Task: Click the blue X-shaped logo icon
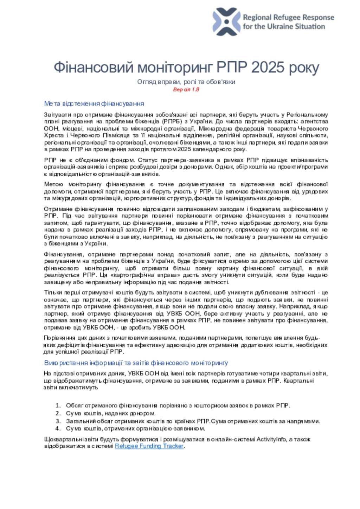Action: click(226, 21)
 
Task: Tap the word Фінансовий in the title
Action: click(94, 67)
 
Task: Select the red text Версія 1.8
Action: click(186, 89)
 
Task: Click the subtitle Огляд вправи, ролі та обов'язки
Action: click(186, 82)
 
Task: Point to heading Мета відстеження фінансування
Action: click(94, 103)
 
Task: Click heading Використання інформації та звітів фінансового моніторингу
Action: click(136, 363)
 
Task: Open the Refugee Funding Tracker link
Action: click(149, 446)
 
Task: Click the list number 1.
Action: click(58, 406)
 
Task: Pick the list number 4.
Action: click(58, 428)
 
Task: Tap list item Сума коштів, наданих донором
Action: click(111, 413)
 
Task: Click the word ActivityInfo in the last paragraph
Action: click(271, 439)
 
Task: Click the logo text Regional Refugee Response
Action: click(288, 17)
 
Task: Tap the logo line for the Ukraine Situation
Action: click(284, 26)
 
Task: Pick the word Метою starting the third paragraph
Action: click(53, 184)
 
